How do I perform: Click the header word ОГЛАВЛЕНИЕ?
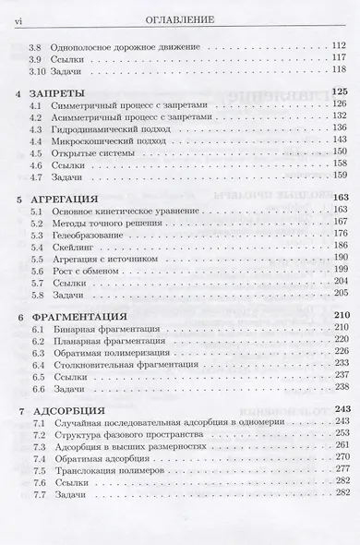[180, 17]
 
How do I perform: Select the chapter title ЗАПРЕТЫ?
[65, 93]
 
